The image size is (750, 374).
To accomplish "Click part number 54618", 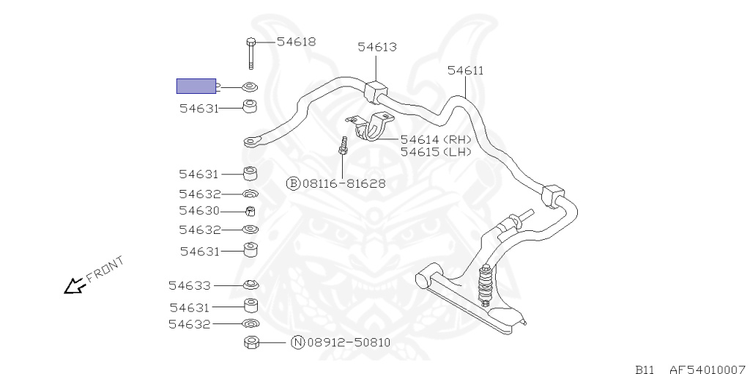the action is tap(296, 42).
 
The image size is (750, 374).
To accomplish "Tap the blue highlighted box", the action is tap(196, 87).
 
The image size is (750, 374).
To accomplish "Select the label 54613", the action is tap(377, 47).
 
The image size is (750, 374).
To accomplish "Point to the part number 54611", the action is tap(465, 70).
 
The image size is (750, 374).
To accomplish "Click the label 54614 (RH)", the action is tap(436, 140).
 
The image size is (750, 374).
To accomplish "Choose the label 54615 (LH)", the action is tap(436, 152).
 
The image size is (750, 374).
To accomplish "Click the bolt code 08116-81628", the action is tap(344, 183).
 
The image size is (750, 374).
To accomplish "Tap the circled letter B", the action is tap(293, 183).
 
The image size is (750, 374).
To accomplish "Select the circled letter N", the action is tap(298, 342).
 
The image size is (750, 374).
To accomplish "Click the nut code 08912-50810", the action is tap(349, 342).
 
